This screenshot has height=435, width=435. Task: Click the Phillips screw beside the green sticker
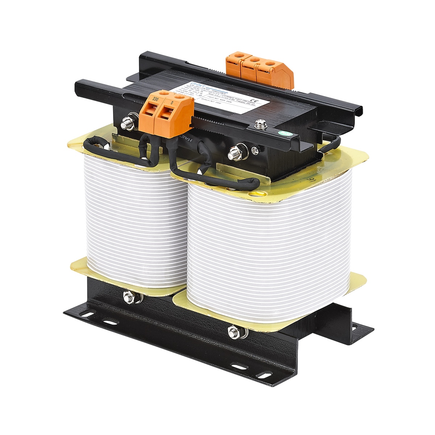[260, 124]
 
